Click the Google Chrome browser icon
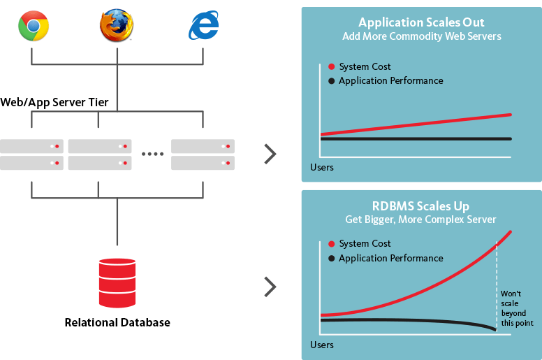tap(34, 27)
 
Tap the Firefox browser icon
tap(115, 27)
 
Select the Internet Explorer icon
tap(203, 27)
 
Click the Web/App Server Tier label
tap(54, 103)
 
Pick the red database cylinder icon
tap(117, 282)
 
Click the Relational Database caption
tap(117, 322)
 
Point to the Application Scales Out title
tap(421, 22)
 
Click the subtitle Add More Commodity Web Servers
tap(421, 36)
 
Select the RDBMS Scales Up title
tap(421, 206)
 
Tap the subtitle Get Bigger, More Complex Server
tap(421, 219)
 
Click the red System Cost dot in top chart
tap(331, 67)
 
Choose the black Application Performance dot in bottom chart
tap(331, 259)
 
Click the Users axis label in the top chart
tap(322, 168)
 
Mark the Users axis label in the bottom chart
tap(322, 345)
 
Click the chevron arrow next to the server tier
tap(270, 154)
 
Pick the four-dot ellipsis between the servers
tap(152, 154)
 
